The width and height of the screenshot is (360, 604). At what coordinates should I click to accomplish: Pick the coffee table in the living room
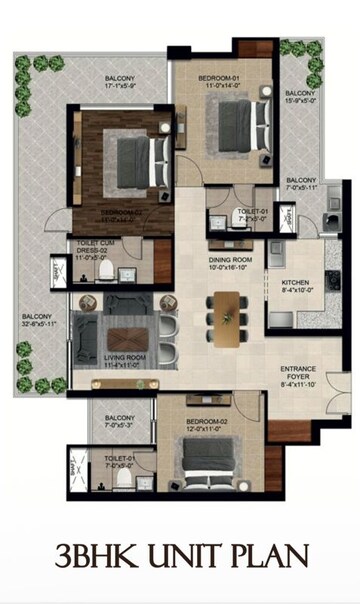128,329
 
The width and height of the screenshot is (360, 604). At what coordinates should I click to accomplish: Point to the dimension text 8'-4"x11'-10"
298,383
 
